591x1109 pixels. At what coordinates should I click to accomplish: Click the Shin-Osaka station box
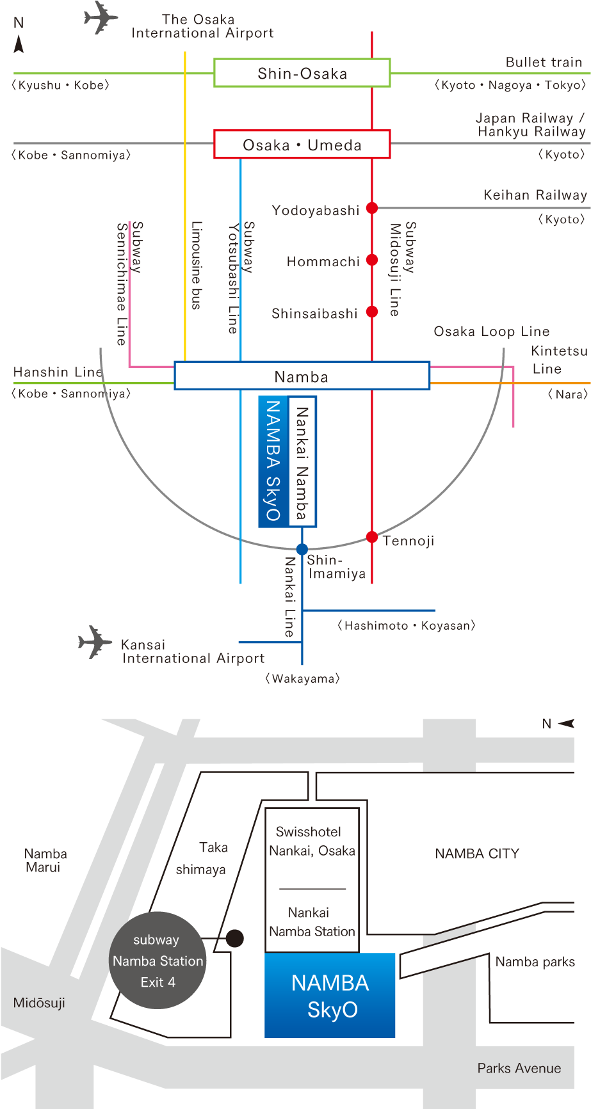click(x=302, y=73)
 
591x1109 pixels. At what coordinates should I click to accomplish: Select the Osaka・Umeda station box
click(x=302, y=145)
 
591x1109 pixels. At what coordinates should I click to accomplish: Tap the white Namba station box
click(x=302, y=376)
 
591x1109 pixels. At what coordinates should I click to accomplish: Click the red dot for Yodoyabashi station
click(x=372, y=208)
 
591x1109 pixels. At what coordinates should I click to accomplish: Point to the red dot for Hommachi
click(x=372, y=260)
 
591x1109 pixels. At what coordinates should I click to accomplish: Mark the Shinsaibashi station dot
click(x=372, y=312)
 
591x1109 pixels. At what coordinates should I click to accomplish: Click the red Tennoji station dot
click(x=372, y=537)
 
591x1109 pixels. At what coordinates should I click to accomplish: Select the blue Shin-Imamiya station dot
click(x=302, y=549)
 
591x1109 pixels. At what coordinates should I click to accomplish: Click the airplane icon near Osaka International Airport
click(x=101, y=17)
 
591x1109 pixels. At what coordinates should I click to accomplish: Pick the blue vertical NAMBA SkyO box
click(x=273, y=461)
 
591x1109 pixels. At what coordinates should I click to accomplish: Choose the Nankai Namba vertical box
click(x=302, y=461)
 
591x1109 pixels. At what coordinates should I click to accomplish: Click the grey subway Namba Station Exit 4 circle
click(x=158, y=961)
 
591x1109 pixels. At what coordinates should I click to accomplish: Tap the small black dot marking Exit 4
click(x=235, y=939)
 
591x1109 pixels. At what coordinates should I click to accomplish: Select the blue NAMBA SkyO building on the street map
click(x=330, y=995)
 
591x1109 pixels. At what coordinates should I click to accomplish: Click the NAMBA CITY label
click(x=477, y=854)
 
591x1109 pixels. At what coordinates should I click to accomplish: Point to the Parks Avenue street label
click(x=519, y=1068)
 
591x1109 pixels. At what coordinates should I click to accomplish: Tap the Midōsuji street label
click(x=39, y=1003)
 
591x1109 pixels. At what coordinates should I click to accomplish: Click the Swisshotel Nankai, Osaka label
click(x=311, y=842)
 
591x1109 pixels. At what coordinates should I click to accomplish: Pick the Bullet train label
click(x=544, y=63)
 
